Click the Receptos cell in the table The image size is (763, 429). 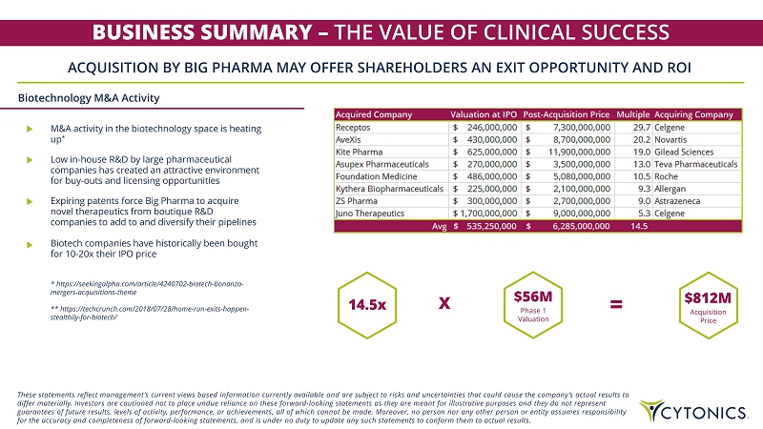(352, 126)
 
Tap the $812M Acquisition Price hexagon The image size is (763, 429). (708, 305)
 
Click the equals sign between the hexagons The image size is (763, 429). (616, 305)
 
